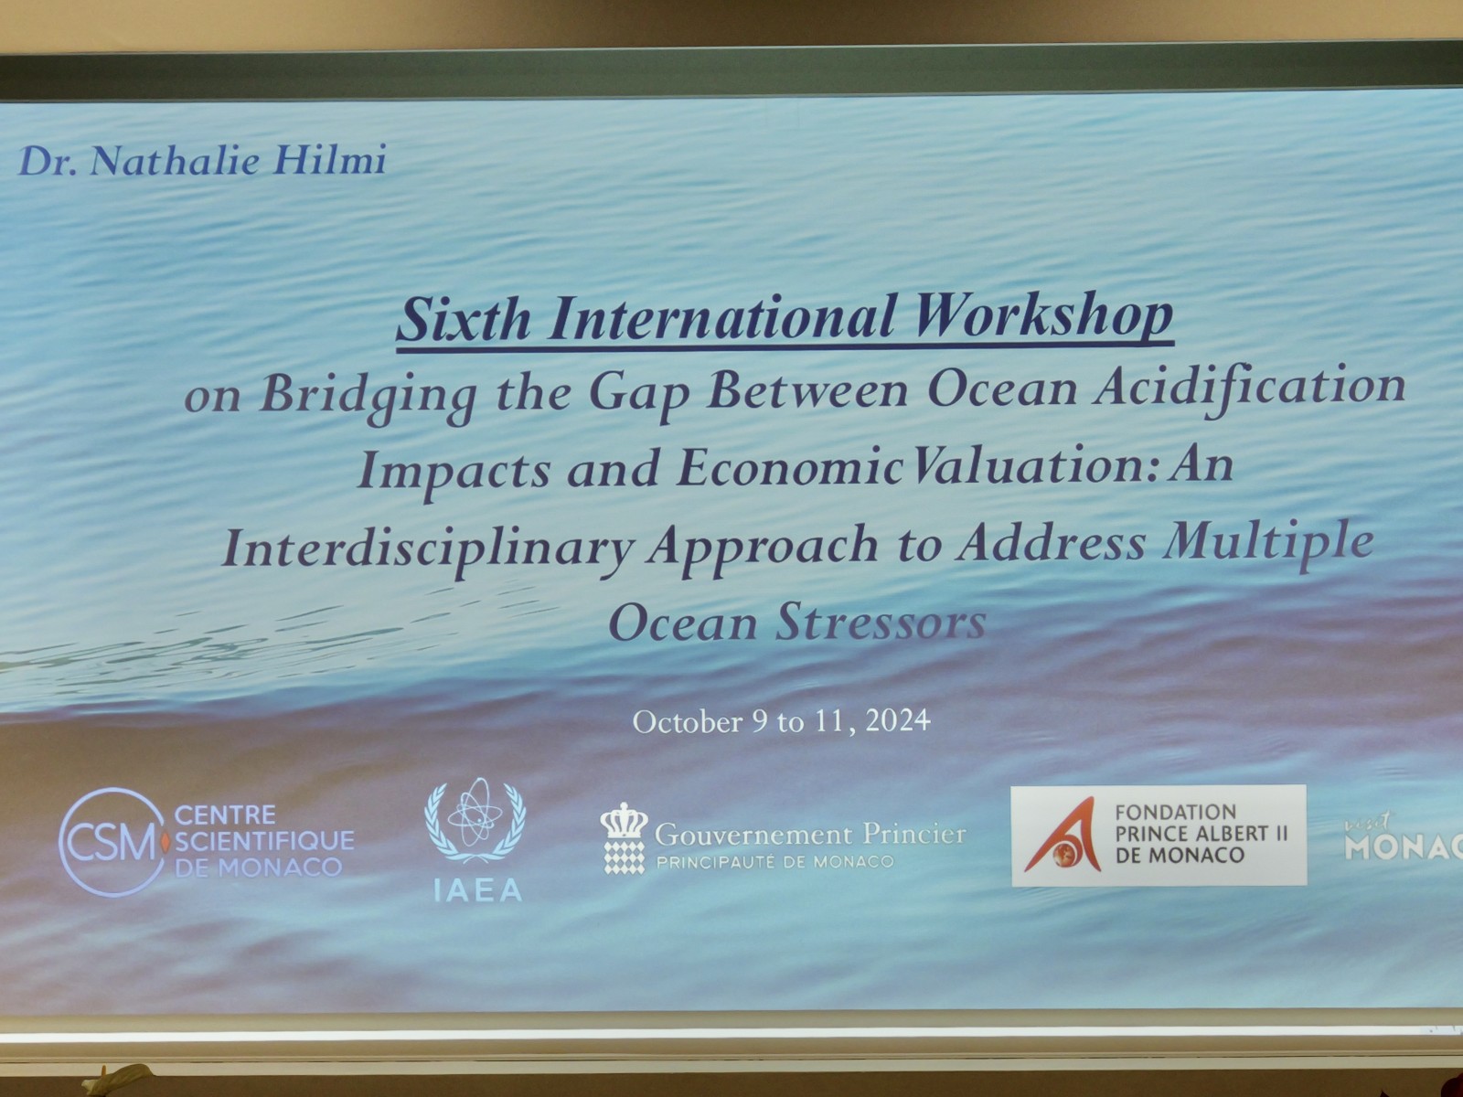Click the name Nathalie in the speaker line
pos(174,161)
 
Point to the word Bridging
pos(368,394)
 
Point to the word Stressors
pos(881,622)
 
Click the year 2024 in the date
pos(898,720)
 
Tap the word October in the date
pos(688,722)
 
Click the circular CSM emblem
pos(112,842)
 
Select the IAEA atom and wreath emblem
pos(475,821)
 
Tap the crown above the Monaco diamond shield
pos(624,821)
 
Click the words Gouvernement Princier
pos(810,835)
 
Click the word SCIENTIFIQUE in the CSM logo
pos(264,840)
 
